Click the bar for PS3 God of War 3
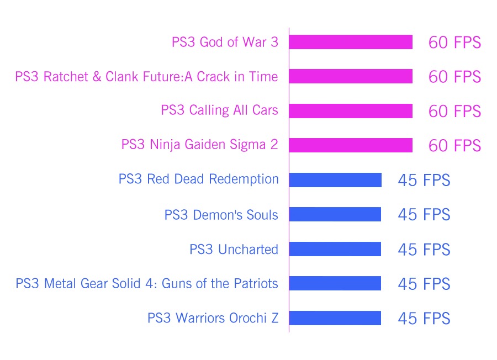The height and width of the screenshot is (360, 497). point(351,43)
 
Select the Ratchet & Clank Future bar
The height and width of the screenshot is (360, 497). point(351,77)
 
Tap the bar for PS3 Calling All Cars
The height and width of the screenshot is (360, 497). point(351,110)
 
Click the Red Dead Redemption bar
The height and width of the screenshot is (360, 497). point(336,180)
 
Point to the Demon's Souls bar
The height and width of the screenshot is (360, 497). point(336,214)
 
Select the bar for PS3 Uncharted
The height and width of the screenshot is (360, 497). point(336,249)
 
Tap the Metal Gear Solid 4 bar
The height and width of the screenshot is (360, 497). point(336,284)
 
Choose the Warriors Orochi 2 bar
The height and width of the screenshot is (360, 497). point(336,318)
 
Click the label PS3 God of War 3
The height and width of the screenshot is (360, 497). point(225,43)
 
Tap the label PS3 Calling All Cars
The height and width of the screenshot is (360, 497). point(219,110)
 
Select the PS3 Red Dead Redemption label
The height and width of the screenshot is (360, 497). point(199,179)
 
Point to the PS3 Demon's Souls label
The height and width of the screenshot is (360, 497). point(221,214)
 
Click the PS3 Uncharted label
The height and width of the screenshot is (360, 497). point(234,249)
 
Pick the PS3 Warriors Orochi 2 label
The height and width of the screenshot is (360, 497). point(213,318)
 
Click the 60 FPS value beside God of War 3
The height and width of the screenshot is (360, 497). point(455,43)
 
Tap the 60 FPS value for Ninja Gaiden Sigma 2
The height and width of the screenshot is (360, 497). point(455,146)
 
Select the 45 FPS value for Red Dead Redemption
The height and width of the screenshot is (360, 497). point(424,181)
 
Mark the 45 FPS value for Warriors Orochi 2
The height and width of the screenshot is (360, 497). point(424,319)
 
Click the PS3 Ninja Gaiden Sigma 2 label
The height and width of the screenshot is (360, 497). point(199,145)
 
